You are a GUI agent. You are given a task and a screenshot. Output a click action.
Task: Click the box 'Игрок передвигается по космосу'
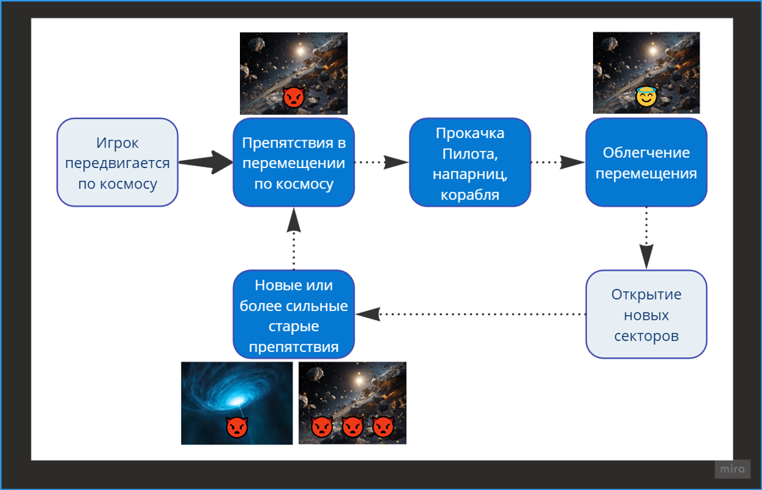point(117,163)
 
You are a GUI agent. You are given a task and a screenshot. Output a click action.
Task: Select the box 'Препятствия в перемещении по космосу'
point(294,163)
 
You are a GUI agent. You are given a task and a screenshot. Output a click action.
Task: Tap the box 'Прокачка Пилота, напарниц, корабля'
point(470,163)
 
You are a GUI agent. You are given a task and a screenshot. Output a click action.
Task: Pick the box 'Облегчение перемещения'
point(646,163)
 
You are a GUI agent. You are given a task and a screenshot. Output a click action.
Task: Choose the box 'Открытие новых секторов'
point(646,314)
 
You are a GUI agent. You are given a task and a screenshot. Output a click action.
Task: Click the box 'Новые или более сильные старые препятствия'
point(294,314)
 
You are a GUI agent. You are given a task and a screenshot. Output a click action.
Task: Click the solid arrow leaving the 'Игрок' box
point(206,162)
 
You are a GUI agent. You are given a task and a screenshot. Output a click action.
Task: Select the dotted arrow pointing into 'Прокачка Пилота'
point(382,162)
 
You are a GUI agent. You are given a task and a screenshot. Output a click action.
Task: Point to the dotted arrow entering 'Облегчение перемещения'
point(558,162)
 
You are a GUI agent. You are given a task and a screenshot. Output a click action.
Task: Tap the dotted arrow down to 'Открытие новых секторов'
point(646,238)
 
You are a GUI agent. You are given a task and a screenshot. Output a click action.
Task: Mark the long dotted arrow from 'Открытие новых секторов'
point(470,314)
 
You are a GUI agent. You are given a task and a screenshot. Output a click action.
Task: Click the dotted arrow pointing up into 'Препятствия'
point(294,239)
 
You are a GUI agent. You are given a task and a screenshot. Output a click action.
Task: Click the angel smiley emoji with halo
point(646,96)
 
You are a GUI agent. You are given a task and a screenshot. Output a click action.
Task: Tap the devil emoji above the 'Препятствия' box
point(294,97)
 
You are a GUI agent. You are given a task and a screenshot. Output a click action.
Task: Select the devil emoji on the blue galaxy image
point(237,427)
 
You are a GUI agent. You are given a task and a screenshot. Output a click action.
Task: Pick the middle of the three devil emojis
point(353,427)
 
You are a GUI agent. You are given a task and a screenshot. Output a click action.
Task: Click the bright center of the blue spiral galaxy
point(238,401)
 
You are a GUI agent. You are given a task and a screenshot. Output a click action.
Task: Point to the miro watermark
point(733,469)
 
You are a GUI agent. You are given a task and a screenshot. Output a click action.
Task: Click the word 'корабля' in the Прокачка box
point(470,195)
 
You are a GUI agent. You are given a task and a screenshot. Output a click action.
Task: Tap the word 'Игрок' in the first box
point(117,143)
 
